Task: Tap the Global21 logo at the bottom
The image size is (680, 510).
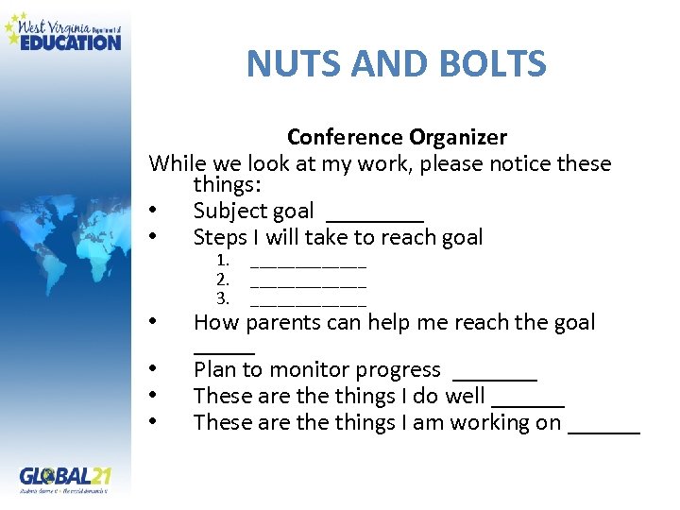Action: (x=63, y=478)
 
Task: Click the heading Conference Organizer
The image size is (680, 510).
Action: (x=397, y=137)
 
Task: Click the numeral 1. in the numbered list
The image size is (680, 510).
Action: (x=223, y=260)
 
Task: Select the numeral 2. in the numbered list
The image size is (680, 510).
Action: (x=223, y=279)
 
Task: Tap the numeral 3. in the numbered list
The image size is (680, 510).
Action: (x=223, y=298)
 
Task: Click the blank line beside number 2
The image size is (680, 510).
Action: (x=308, y=283)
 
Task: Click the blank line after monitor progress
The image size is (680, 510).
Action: (x=495, y=378)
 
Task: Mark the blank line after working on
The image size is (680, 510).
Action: (x=604, y=431)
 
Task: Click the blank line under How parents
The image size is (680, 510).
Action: (x=224, y=351)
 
